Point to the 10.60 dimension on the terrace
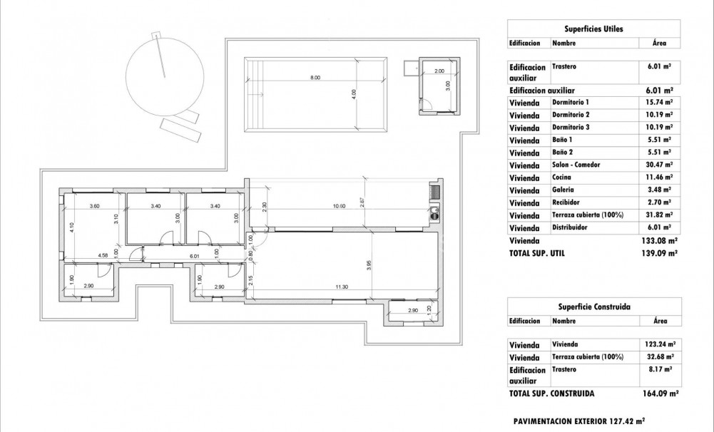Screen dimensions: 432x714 pyautogui.click(x=339, y=207)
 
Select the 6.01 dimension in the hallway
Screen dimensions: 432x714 pyautogui.click(x=193, y=255)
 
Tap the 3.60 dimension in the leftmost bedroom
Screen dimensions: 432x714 pyautogui.click(x=94, y=207)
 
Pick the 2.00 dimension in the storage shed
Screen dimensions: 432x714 pyautogui.click(x=439, y=71)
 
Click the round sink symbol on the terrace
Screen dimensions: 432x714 pyautogui.click(x=434, y=210)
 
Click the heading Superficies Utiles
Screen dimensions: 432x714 pyautogui.click(x=593, y=29)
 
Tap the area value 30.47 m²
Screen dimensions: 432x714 pyautogui.click(x=658, y=165)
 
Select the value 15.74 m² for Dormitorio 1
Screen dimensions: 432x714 pyautogui.click(x=658, y=102)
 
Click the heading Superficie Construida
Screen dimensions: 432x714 pyautogui.click(x=593, y=307)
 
